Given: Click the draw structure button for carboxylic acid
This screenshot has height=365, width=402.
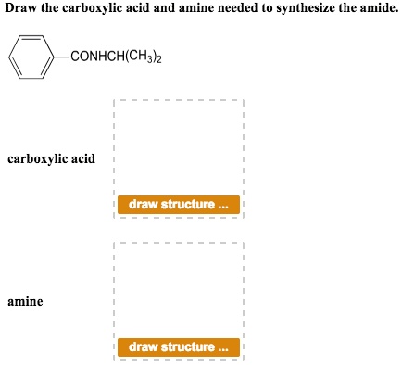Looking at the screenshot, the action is (178, 204).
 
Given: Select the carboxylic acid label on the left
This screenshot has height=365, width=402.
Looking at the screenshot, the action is (51, 159).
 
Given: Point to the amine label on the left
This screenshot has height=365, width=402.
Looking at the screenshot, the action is (25, 302).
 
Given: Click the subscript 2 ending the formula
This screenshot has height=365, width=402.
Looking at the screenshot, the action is (164, 61).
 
